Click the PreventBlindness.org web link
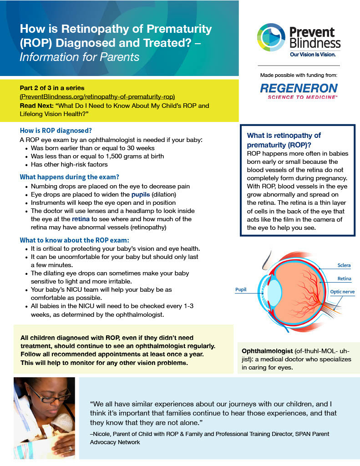(x=97, y=96)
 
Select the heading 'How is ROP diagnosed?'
(x=56, y=130)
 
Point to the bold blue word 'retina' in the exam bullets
(x=81, y=219)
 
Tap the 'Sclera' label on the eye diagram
(x=344, y=265)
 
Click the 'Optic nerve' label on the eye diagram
(x=342, y=292)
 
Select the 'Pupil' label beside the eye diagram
(x=241, y=289)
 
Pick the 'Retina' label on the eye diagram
(x=344, y=279)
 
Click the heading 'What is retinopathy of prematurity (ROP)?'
(x=284, y=140)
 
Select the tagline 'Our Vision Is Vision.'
(x=313, y=55)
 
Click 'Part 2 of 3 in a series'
(x=52, y=88)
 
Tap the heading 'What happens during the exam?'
(x=70, y=177)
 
